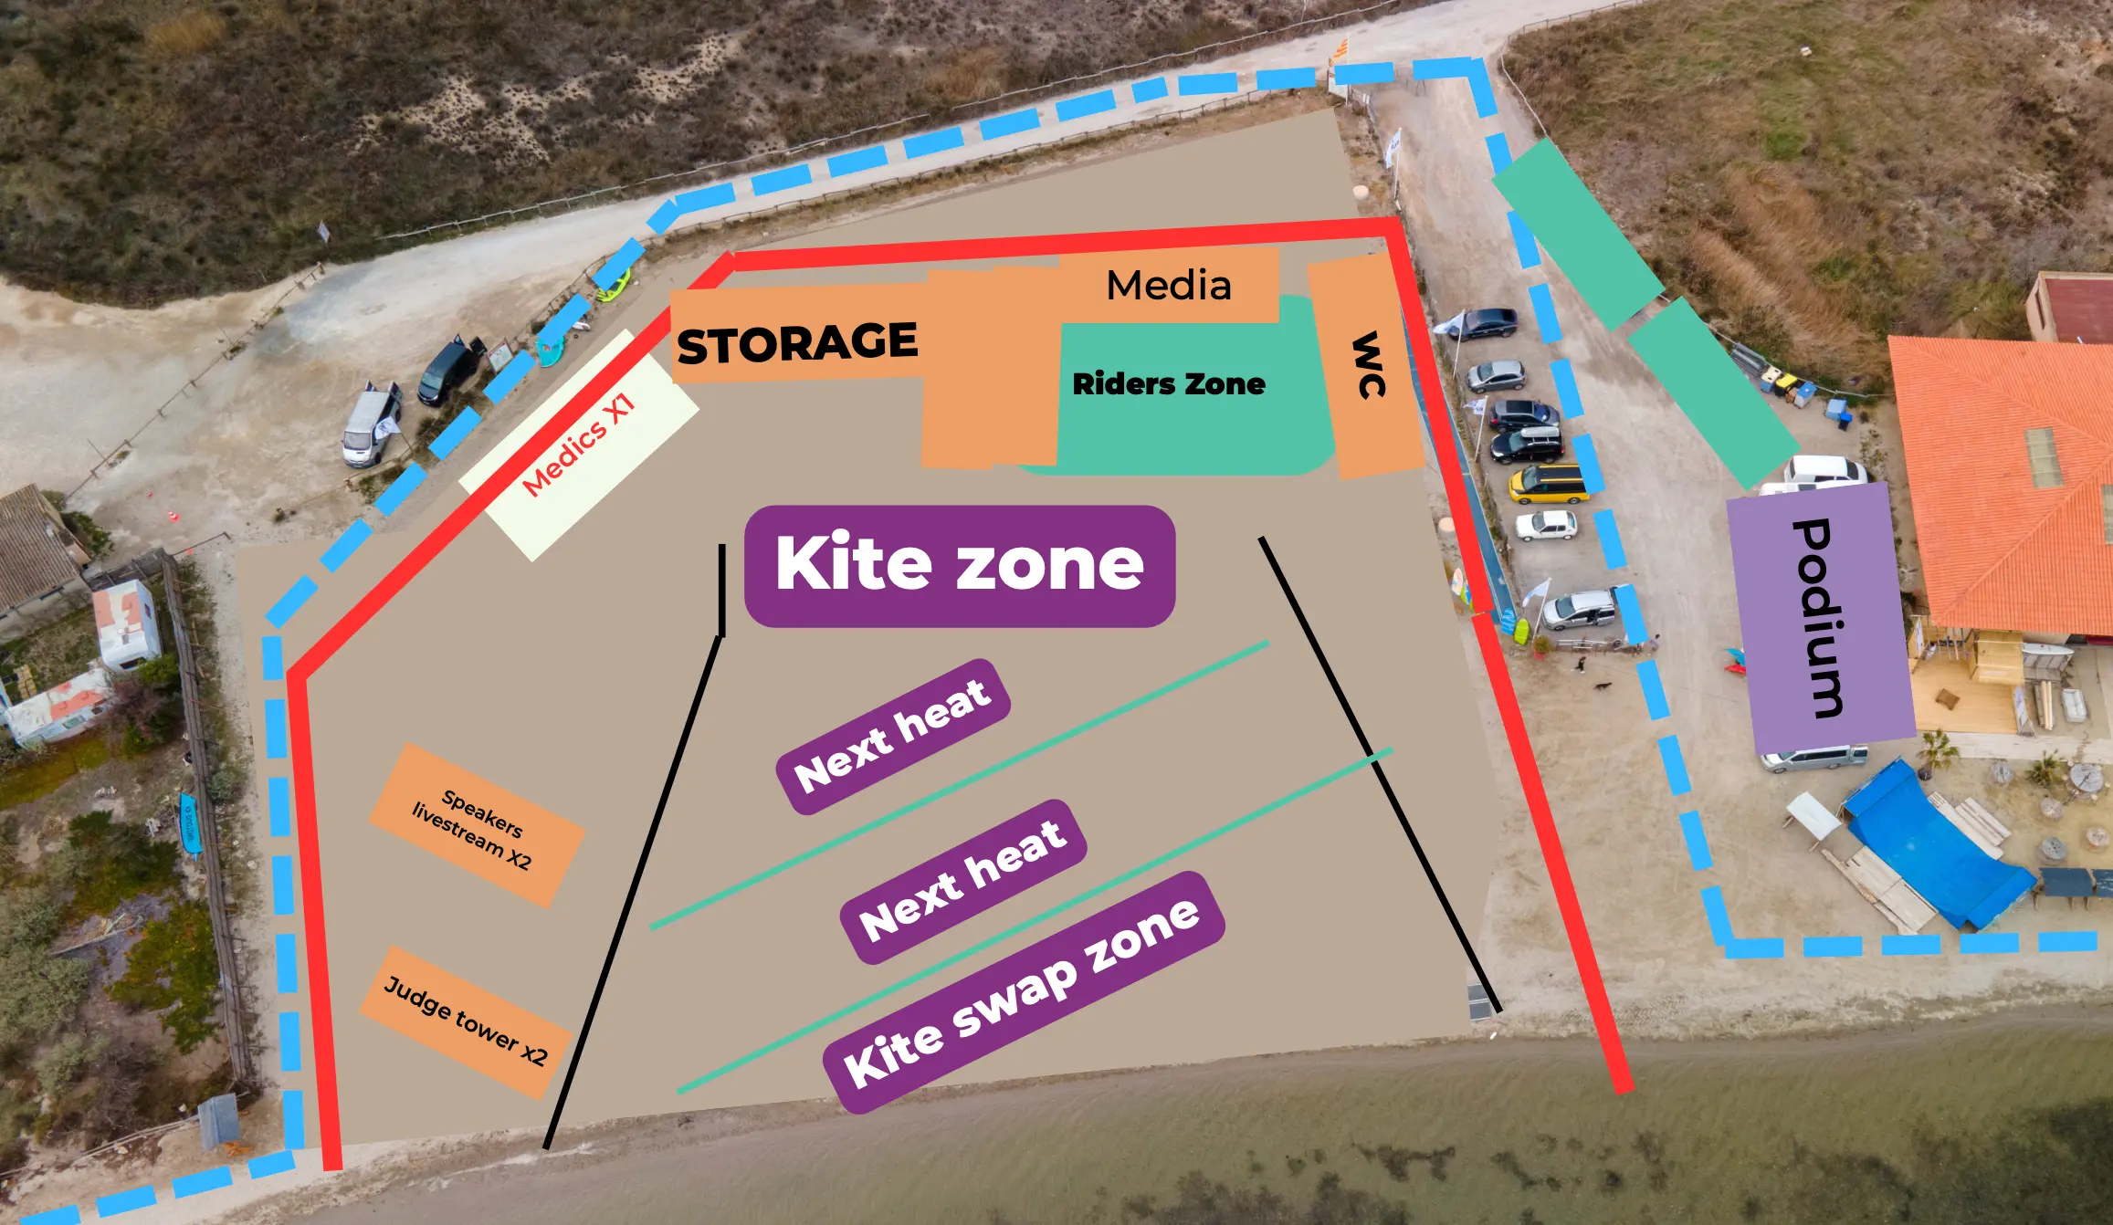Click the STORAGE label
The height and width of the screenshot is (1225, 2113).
(797, 343)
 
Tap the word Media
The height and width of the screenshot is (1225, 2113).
(1168, 286)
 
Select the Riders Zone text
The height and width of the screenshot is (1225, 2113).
(1168, 384)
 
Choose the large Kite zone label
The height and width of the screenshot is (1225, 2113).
(959, 565)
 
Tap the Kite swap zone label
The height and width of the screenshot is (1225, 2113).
(1023, 992)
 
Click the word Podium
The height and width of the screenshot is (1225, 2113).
(1819, 618)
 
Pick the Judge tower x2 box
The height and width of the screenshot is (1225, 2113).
(466, 1021)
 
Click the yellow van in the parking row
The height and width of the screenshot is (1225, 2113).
(1548, 483)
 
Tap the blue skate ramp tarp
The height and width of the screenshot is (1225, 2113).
(1936, 844)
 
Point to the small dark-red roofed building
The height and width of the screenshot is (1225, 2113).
(2073, 306)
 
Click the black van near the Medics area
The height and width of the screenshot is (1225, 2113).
(449, 370)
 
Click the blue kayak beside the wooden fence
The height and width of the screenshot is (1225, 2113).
(190, 823)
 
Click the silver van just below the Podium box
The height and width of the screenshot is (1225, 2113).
(1813, 758)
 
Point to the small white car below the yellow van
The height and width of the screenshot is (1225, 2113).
(1545, 526)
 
